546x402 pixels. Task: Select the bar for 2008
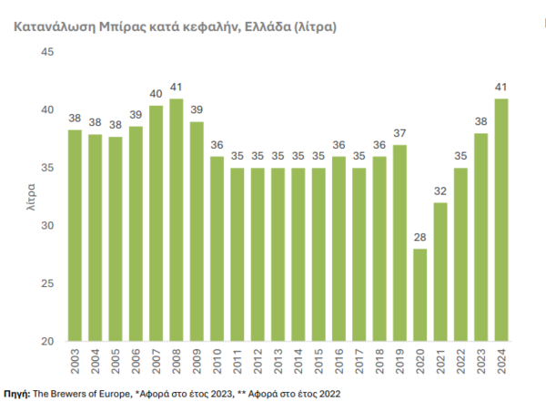tap(176, 220)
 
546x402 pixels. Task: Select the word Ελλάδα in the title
tap(267, 27)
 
